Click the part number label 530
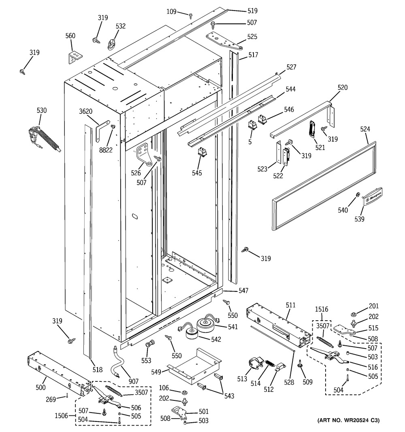[x=42, y=111]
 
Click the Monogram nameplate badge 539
[x=372, y=197]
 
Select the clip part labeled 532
[x=112, y=43]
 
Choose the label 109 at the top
[x=171, y=12]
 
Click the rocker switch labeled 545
[x=201, y=152]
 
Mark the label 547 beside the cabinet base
[x=243, y=291]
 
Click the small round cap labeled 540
[x=358, y=196]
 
